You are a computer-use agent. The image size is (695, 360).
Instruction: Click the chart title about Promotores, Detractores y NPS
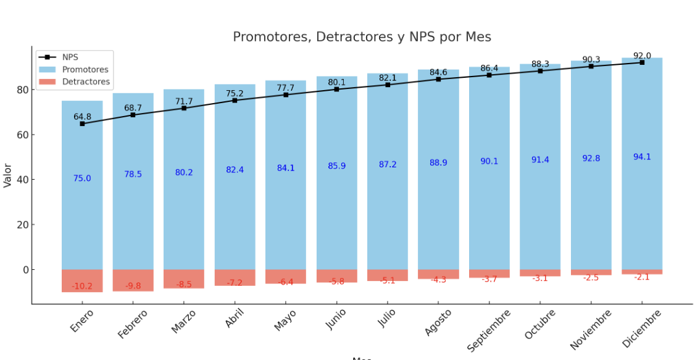pyautogui.click(x=362, y=37)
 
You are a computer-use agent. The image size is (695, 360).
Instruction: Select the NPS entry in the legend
pyautogui.click(x=70, y=57)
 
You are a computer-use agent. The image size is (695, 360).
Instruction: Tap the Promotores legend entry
pyautogui.click(x=85, y=70)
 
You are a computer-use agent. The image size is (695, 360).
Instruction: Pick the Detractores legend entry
pyautogui.click(x=86, y=82)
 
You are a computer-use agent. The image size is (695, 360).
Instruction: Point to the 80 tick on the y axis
pyautogui.click(x=22, y=90)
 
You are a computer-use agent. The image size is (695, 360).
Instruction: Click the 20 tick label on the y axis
pyautogui.click(x=22, y=225)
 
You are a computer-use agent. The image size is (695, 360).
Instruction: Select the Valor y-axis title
pyautogui.click(x=7, y=175)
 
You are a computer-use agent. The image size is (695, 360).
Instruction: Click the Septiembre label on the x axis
pyautogui.click(x=489, y=330)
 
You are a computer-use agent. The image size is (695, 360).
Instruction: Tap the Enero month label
pyautogui.click(x=82, y=321)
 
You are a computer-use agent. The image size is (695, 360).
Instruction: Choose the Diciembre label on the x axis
pyautogui.click(x=642, y=329)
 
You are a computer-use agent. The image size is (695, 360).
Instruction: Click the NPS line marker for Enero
pyautogui.click(x=82, y=123)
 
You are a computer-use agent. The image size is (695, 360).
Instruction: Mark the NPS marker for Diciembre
pyautogui.click(x=642, y=62)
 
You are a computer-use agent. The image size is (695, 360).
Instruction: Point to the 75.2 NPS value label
pyautogui.click(x=235, y=94)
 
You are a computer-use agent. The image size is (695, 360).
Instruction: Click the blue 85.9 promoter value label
pyautogui.click(x=336, y=166)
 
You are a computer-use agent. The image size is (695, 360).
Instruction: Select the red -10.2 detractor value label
pyautogui.click(x=82, y=287)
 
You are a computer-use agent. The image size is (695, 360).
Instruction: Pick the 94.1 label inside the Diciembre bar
pyautogui.click(x=642, y=157)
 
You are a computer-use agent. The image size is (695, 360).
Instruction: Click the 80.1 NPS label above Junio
pyautogui.click(x=336, y=82)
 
